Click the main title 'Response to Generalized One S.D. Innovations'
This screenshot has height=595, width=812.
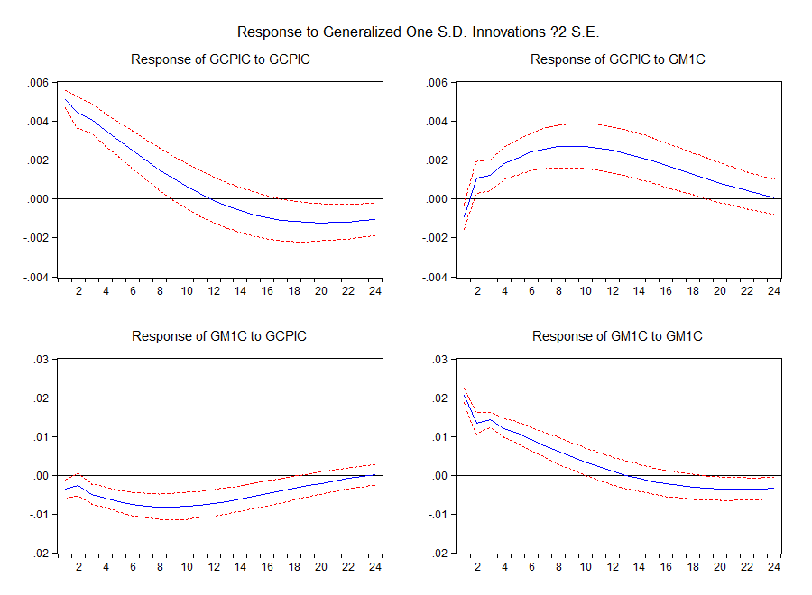[x=418, y=32]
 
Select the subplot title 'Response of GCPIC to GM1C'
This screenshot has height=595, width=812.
[x=617, y=59]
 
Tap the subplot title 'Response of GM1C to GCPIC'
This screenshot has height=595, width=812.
[x=219, y=336]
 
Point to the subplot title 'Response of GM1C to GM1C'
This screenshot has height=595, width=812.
[x=617, y=336]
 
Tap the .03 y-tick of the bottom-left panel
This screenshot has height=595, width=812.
[x=42, y=360]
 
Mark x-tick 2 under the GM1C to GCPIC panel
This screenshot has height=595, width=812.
[x=78, y=568]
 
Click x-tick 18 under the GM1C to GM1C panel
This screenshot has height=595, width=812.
[x=693, y=568]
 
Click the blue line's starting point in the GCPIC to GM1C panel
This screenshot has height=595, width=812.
[x=464, y=217]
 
